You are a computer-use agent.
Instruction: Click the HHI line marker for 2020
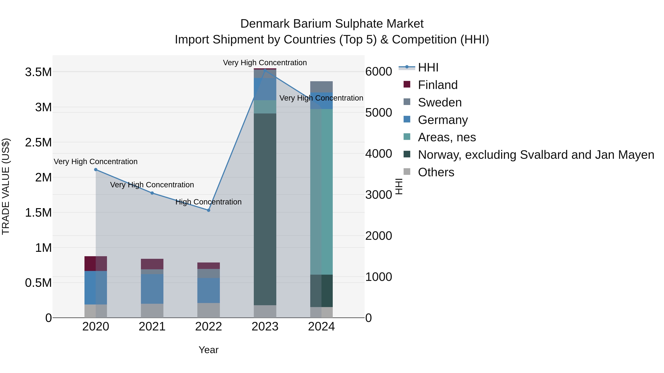96,170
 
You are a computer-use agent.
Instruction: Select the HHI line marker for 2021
152,193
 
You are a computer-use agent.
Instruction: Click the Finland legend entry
438,85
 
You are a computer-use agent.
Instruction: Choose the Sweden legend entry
440,102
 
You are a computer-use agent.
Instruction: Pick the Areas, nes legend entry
447,137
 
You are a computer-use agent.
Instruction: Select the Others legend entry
436,172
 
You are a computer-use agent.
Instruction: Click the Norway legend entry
536,155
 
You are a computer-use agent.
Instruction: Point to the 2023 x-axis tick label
265,327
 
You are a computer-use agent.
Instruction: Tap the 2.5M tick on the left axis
38,142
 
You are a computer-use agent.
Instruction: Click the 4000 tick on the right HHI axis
378,154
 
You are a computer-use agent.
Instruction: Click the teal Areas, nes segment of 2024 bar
321,192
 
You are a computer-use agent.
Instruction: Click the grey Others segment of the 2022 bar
209,310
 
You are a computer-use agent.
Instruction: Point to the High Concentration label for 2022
209,202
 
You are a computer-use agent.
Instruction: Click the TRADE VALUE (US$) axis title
6,186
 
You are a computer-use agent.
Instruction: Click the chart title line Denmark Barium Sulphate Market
332,24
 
